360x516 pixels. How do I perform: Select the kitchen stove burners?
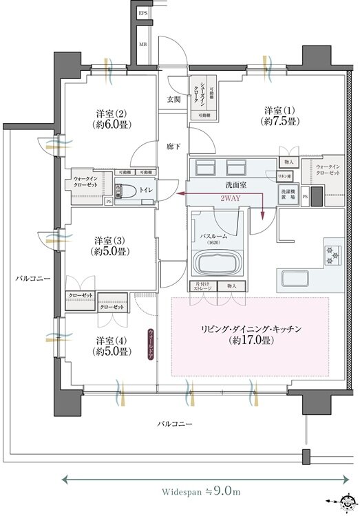tap(332, 254)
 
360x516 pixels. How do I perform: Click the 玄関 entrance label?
tap(174, 99)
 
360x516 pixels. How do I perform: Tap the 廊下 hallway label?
tap(173, 147)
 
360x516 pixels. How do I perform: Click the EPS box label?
tap(143, 12)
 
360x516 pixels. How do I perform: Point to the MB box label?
tap(143, 45)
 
